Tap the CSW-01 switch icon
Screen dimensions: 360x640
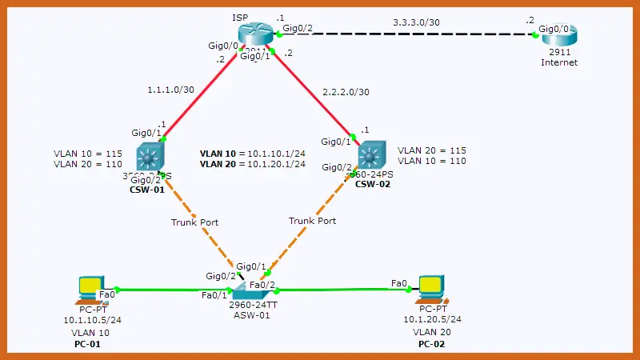(x=150, y=154)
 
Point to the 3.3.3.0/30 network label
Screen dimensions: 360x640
(x=416, y=22)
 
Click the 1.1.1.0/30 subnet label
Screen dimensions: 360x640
(x=171, y=90)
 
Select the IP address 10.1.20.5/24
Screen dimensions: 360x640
(x=432, y=319)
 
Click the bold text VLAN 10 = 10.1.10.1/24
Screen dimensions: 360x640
(x=253, y=152)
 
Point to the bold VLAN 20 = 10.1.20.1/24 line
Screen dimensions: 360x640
(x=253, y=164)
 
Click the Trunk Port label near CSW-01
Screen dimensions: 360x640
(x=194, y=222)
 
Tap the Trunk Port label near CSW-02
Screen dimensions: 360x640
(x=313, y=220)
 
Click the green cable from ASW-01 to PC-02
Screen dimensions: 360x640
(x=344, y=290)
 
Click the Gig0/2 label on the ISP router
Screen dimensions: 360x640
(x=298, y=29)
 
